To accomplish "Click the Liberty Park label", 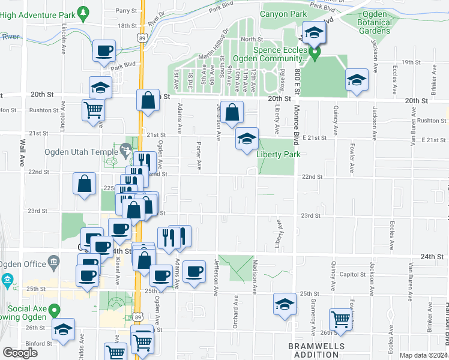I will point(278,154).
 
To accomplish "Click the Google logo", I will point(20,353).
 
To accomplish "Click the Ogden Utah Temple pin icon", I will point(125,148).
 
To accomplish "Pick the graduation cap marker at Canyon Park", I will point(313,34).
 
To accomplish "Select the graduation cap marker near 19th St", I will point(357,80).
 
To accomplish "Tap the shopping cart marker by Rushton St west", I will point(94,110).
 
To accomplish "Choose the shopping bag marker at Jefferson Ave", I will point(232,112).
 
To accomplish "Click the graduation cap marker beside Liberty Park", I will point(247,139).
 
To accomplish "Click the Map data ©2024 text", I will point(423,355).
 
